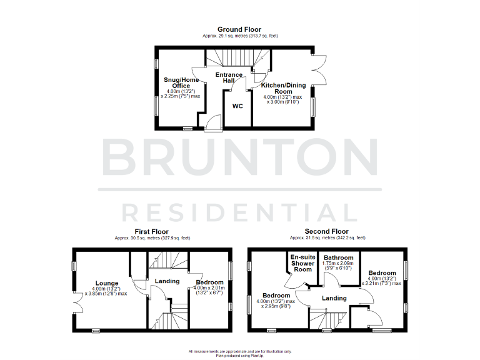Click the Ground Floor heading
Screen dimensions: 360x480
coord(239,29)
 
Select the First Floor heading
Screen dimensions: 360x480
coord(152,231)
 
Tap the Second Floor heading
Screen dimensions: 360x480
coord(327,231)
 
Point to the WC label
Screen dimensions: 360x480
coord(237,106)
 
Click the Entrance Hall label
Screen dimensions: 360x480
coord(229,78)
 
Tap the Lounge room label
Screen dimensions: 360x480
coord(107,282)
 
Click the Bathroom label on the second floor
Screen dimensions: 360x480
coord(339,257)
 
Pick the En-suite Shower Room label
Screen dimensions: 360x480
coord(302,263)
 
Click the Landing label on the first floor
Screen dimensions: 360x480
coord(167,281)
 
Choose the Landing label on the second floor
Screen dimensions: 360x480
coord(334,298)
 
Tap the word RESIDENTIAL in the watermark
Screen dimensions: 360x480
coord(240,212)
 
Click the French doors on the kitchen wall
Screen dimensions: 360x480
coord(318,67)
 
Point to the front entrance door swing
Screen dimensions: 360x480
coord(212,122)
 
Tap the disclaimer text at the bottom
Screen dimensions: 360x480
coord(240,353)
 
